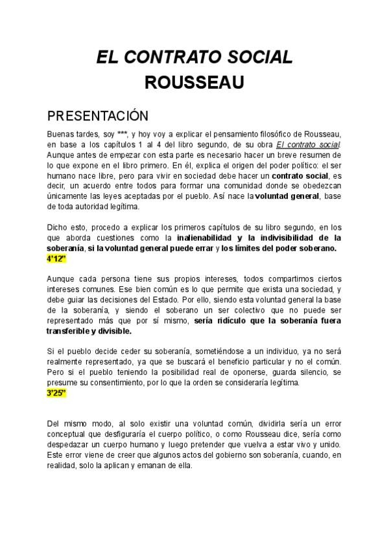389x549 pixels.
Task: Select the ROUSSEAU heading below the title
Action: coord(194,84)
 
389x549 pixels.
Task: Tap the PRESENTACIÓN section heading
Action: coord(98,116)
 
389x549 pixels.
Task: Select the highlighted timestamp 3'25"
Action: coord(57,393)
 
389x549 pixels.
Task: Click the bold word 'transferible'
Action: coord(71,331)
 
